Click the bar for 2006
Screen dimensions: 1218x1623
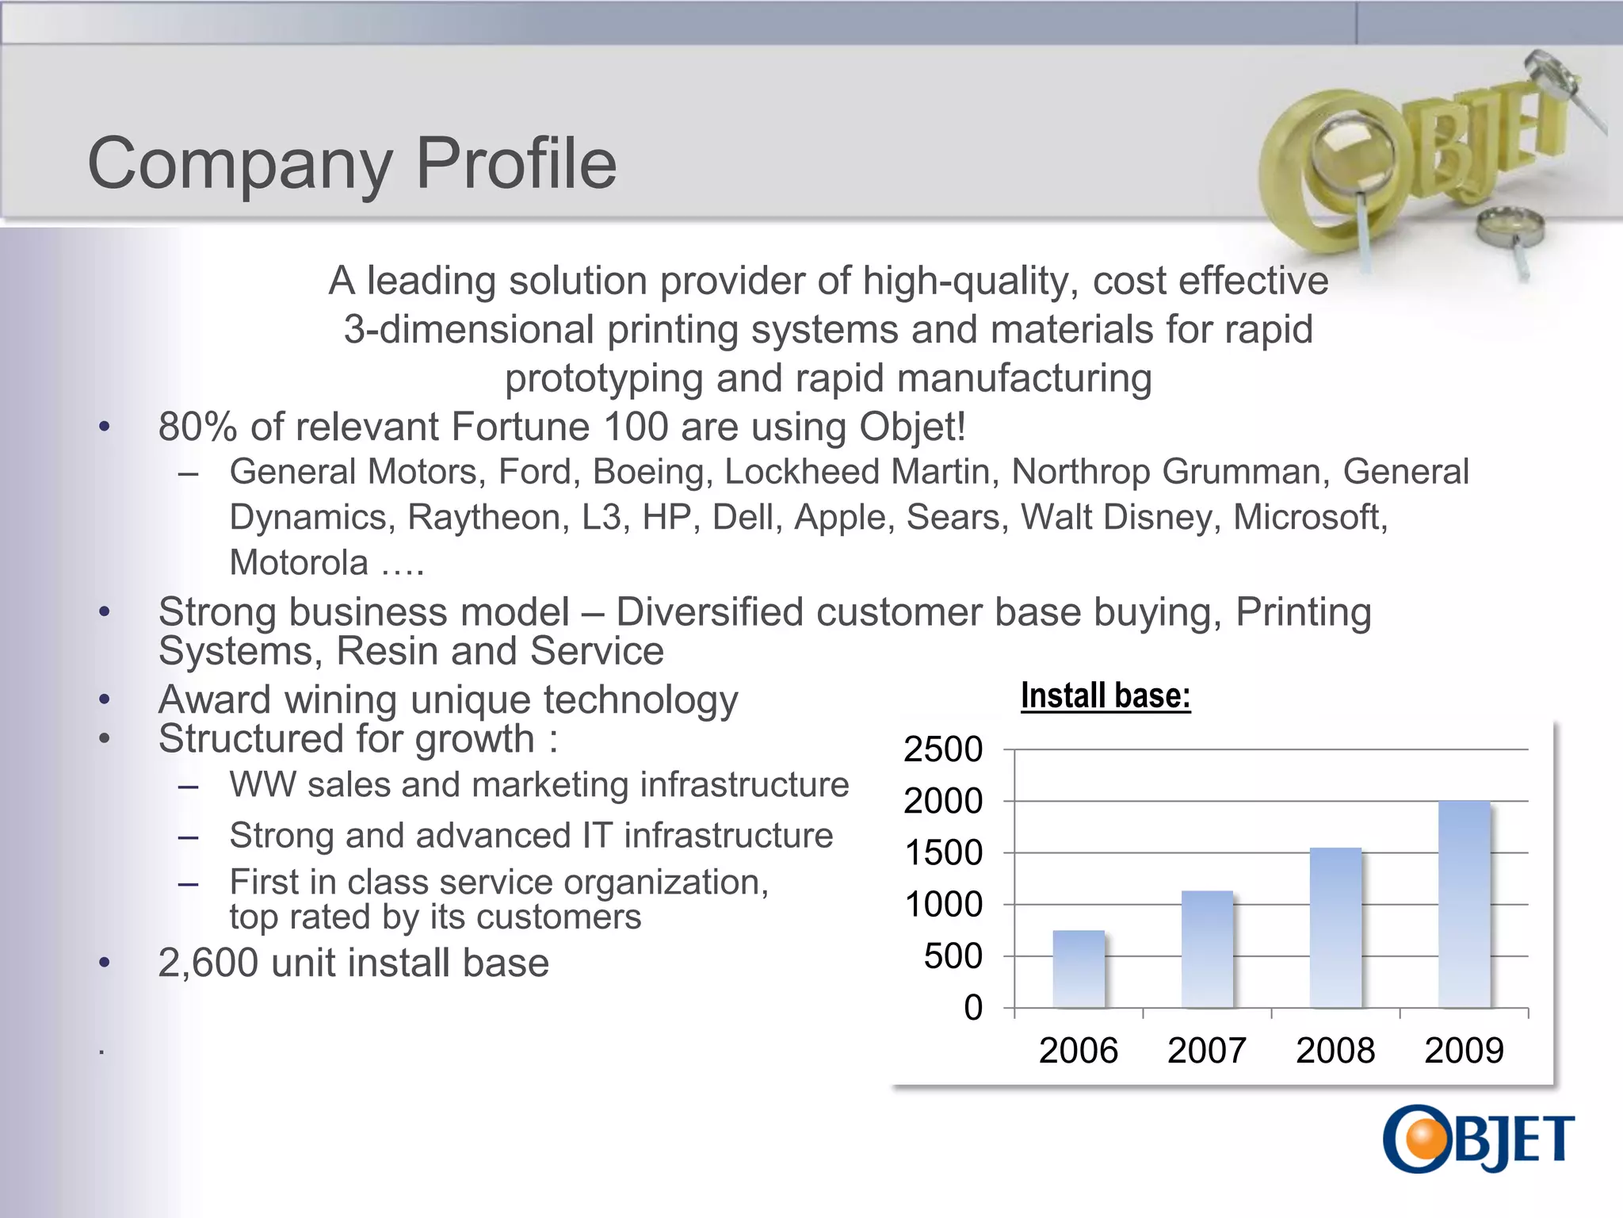(x=1079, y=969)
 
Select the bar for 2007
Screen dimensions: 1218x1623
(x=1207, y=949)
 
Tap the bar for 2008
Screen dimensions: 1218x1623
(x=1335, y=928)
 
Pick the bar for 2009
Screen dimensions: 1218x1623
(x=1464, y=904)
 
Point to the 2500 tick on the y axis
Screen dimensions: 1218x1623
(x=943, y=749)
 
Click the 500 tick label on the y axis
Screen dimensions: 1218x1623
(x=953, y=956)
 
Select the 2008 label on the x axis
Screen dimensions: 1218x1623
(x=1335, y=1051)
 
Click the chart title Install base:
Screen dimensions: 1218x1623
(x=1106, y=696)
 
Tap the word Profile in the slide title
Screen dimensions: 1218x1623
(x=516, y=163)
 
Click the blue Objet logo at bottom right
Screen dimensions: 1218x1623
(x=1479, y=1139)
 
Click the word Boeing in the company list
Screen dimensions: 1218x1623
(x=648, y=472)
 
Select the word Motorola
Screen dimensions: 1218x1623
(x=299, y=563)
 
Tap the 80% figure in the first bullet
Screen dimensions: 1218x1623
(x=197, y=427)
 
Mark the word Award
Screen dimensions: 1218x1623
(x=215, y=700)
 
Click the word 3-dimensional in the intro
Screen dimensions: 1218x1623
(x=468, y=330)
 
